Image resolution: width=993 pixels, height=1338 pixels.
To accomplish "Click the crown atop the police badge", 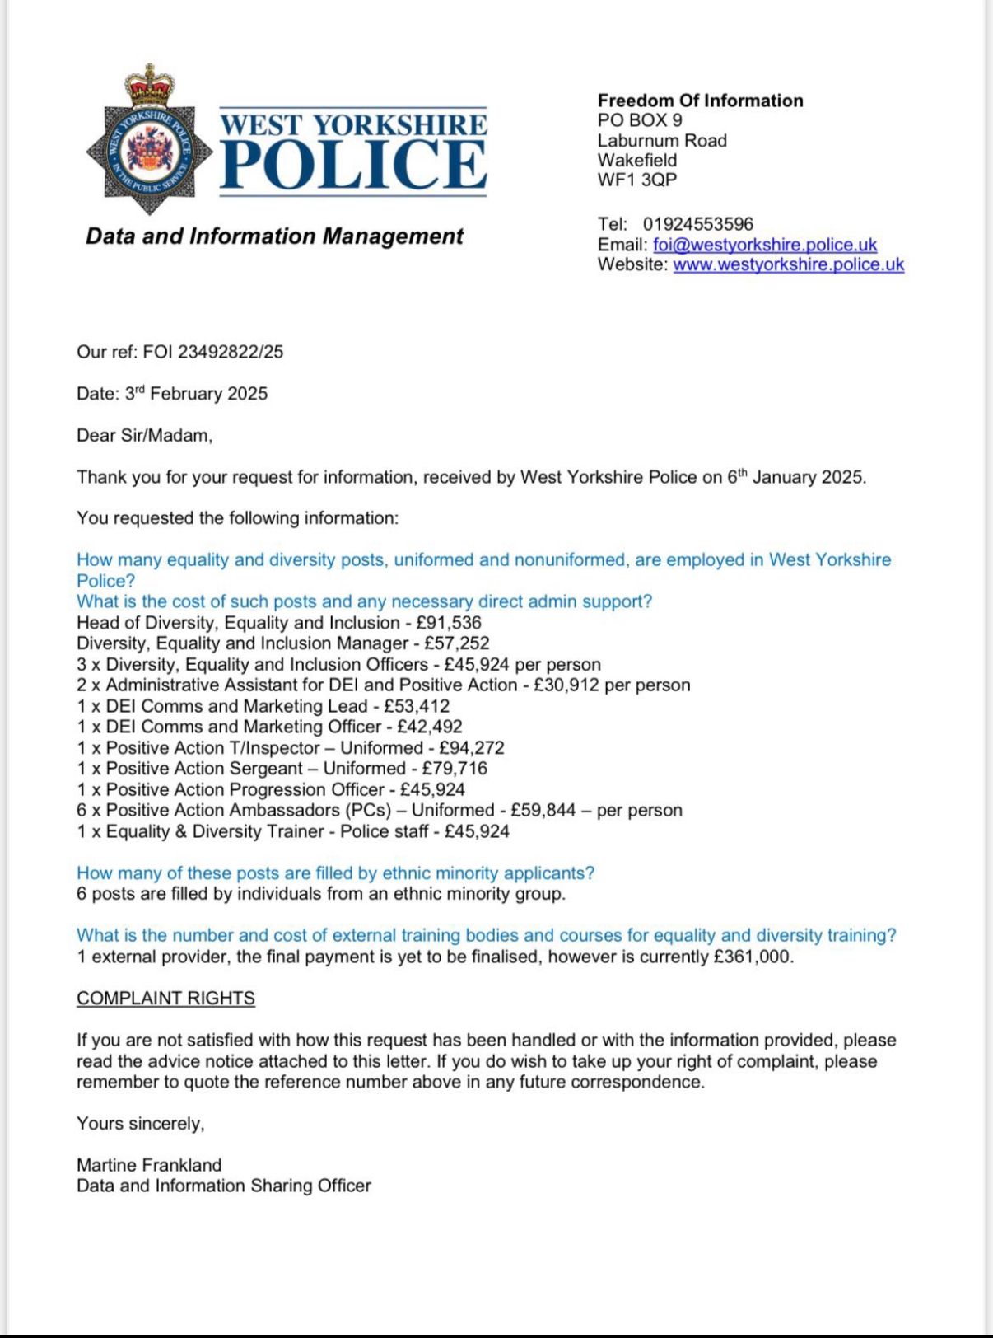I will tap(150, 85).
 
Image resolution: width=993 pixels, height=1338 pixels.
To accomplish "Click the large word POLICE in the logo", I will tap(354, 164).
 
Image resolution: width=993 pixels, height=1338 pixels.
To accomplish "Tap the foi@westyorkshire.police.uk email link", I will tap(765, 245).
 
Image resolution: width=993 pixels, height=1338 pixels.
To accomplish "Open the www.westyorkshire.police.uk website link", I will tap(788, 264).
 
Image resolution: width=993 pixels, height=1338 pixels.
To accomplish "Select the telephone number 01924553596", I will tap(697, 224).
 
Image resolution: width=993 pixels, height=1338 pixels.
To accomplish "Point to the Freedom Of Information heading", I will tap(700, 101).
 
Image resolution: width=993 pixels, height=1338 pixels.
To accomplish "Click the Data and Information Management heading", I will tap(275, 236).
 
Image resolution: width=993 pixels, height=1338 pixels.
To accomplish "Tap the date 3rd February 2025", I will tap(196, 394).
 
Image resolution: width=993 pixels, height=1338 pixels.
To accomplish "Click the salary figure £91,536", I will tap(449, 623).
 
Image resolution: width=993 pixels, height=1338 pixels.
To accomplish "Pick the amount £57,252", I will tap(457, 643).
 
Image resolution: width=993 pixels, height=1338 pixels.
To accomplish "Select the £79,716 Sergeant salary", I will tap(455, 769).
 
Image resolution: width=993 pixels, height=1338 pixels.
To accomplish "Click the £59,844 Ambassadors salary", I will tap(543, 811).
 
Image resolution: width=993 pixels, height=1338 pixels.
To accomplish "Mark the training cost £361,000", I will tap(753, 957).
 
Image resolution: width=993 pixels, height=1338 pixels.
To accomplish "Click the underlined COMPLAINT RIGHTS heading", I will tap(165, 999).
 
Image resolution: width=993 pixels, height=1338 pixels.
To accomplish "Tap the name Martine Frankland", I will tap(149, 1165).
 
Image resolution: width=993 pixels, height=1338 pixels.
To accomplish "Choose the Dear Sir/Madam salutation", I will tap(144, 436).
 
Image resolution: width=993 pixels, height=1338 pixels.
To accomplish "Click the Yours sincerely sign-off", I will tap(140, 1124).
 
